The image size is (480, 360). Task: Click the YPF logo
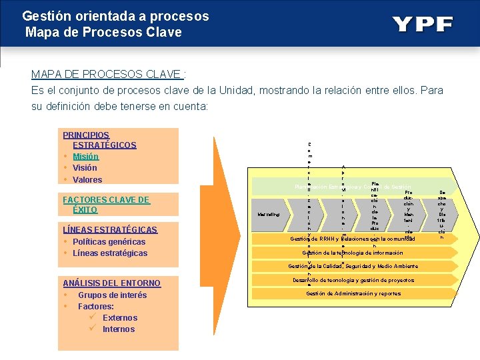[422, 25]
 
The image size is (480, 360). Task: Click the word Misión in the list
[85, 156]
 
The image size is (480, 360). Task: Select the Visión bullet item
[85, 168]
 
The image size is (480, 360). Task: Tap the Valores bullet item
[87, 179]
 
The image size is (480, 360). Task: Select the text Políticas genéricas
[109, 241]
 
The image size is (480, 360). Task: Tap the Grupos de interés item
[112, 295]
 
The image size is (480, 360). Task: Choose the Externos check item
[119, 317]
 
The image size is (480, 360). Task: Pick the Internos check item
[118, 329]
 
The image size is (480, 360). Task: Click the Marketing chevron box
[272, 214]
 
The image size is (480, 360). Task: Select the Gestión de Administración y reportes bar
[353, 293]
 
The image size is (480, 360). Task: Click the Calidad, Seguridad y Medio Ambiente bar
[353, 266]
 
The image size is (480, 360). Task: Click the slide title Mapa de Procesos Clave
[103, 31]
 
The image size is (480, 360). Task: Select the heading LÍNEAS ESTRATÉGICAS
[109, 229]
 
